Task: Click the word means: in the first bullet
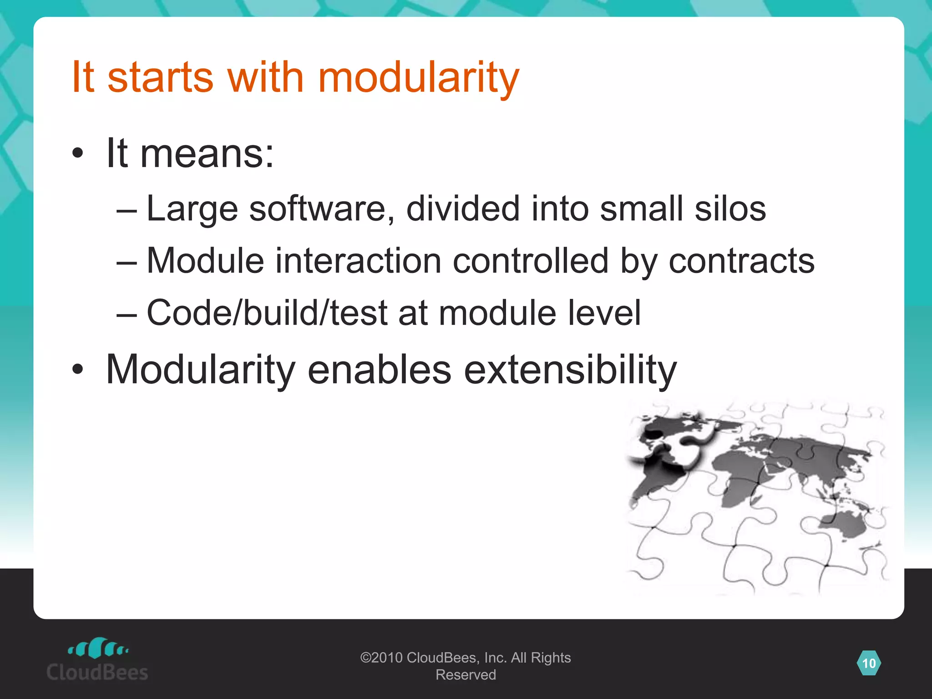point(207,154)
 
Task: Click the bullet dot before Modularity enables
point(78,370)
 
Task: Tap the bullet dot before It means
point(78,154)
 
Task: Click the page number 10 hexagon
point(869,663)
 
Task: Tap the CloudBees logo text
point(97,672)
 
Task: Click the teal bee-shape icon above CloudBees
point(98,648)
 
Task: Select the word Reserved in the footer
point(466,674)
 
